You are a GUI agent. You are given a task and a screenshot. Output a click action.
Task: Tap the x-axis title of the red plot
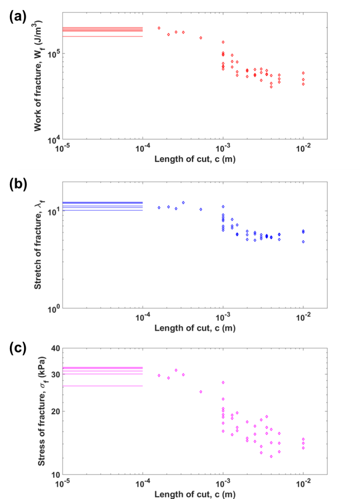[x=195, y=159]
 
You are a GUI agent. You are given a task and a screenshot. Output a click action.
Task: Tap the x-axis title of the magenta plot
[x=195, y=494]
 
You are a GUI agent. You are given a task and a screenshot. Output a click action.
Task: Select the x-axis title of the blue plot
[x=195, y=328]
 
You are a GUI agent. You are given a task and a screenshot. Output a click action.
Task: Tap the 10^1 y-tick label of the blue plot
[x=54, y=211]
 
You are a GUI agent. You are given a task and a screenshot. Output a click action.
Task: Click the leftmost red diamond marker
[x=159, y=28]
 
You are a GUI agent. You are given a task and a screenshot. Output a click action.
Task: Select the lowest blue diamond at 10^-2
[x=303, y=241]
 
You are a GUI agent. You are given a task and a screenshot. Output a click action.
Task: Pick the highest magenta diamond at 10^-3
[x=223, y=382]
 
